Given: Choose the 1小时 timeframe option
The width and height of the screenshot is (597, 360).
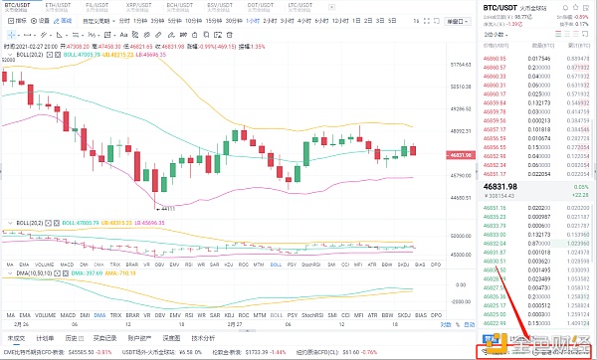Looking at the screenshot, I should click(253, 20).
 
